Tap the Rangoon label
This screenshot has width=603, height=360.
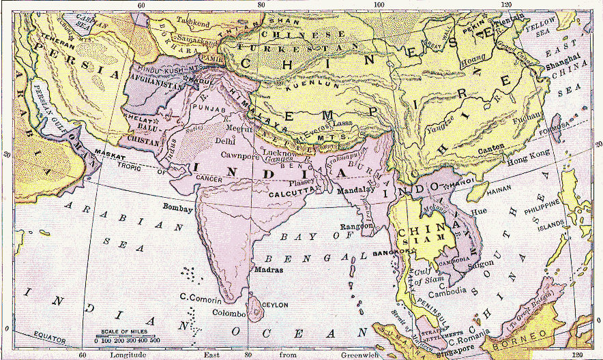(357, 225)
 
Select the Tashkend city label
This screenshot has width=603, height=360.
(193, 20)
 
